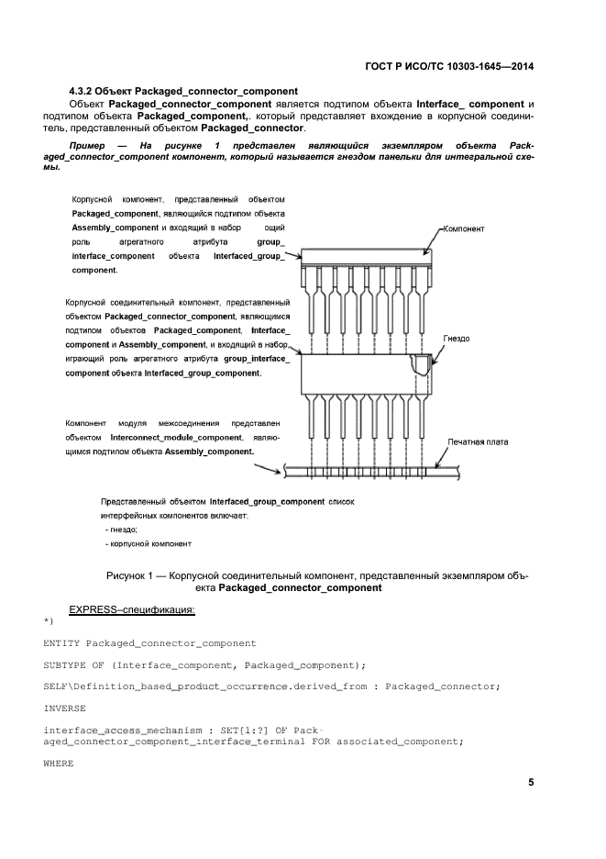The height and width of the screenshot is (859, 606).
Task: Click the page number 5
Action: point(531,783)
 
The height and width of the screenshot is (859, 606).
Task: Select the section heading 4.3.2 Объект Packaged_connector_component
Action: point(183,91)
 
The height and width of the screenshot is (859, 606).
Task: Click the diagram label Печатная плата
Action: point(478,441)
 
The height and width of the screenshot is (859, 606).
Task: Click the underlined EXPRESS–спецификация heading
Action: point(132,609)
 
